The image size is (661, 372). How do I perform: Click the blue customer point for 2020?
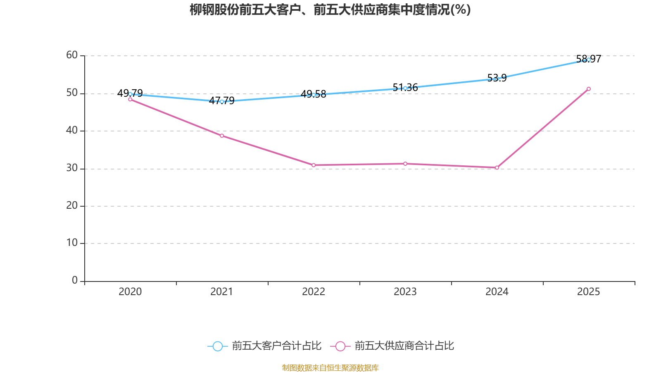[x=130, y=94]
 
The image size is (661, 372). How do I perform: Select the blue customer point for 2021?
[x=222, y=101]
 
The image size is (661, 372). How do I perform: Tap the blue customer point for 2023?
[x=405, y=88]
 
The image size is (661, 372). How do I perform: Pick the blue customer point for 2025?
[x=589, y=60]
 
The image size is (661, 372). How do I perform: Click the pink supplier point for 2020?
[x=130, y=99]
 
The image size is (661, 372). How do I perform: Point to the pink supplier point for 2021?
[x=222, y=136]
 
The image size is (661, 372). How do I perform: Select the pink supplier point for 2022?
[x=314, y=165]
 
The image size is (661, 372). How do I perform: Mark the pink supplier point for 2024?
[x=497, y=167]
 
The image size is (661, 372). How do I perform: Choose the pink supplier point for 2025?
[x=589, y=89]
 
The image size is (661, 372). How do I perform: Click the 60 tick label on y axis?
[x=72, y=55]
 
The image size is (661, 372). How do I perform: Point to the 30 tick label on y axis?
[x=72, y=168]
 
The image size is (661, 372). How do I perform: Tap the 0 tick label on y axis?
[x=75, y=280]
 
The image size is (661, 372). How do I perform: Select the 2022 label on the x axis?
[x=314, y=292]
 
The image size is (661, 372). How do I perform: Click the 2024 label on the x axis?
[x=497, y=292]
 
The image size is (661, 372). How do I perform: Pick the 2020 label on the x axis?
[x=130, y=292]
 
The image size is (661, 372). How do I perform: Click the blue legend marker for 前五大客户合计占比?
[x=217, y=346]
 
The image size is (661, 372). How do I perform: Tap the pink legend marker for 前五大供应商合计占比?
[x=340, y=346]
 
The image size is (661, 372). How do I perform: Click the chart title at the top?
[x=330, y=10]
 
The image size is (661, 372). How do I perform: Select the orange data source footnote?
[x=330, y=367]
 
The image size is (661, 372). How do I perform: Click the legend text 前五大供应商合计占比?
[x=404, y=346]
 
